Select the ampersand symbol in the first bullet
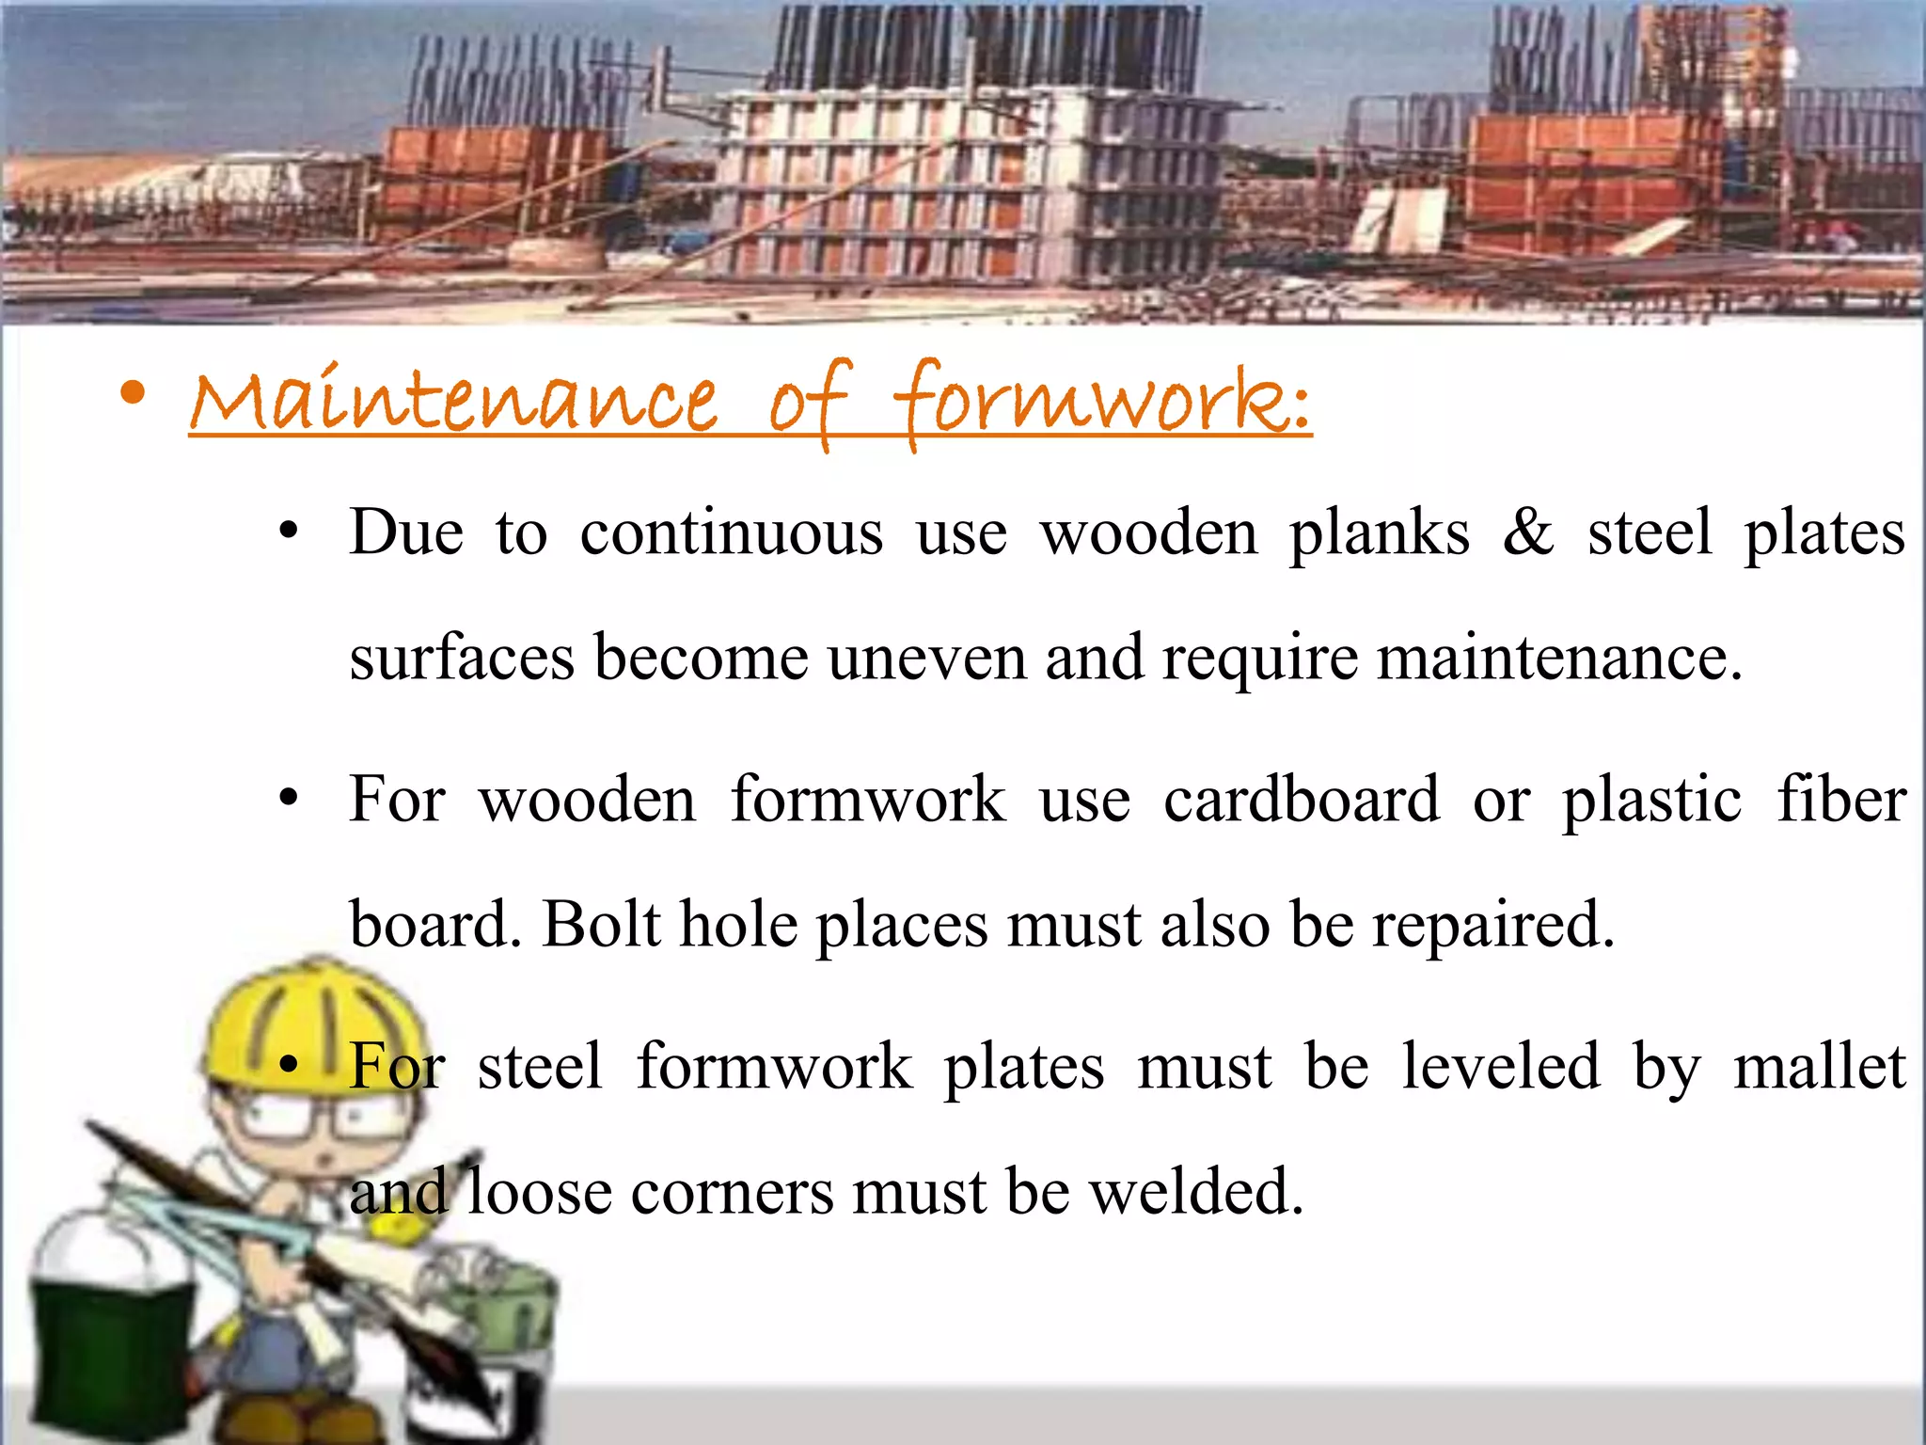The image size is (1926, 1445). pyautogui.click(x=1527, y=532)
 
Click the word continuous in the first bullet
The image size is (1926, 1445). pyautogui.click(x=731, y=533)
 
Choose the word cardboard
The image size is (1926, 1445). pyautogui.click(x=1302, y=801)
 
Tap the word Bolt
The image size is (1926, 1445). pyautogui.click(x=602, y=925)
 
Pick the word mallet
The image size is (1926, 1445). pyautogui.click(x=1819, y=1067)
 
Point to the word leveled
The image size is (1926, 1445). pyautogui.click(x=1500, y=1067)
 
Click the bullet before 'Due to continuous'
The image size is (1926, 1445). pyautogui.click(x=289, y=532)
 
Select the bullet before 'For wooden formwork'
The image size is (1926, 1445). pyautogui.click(x=289, y=800)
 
